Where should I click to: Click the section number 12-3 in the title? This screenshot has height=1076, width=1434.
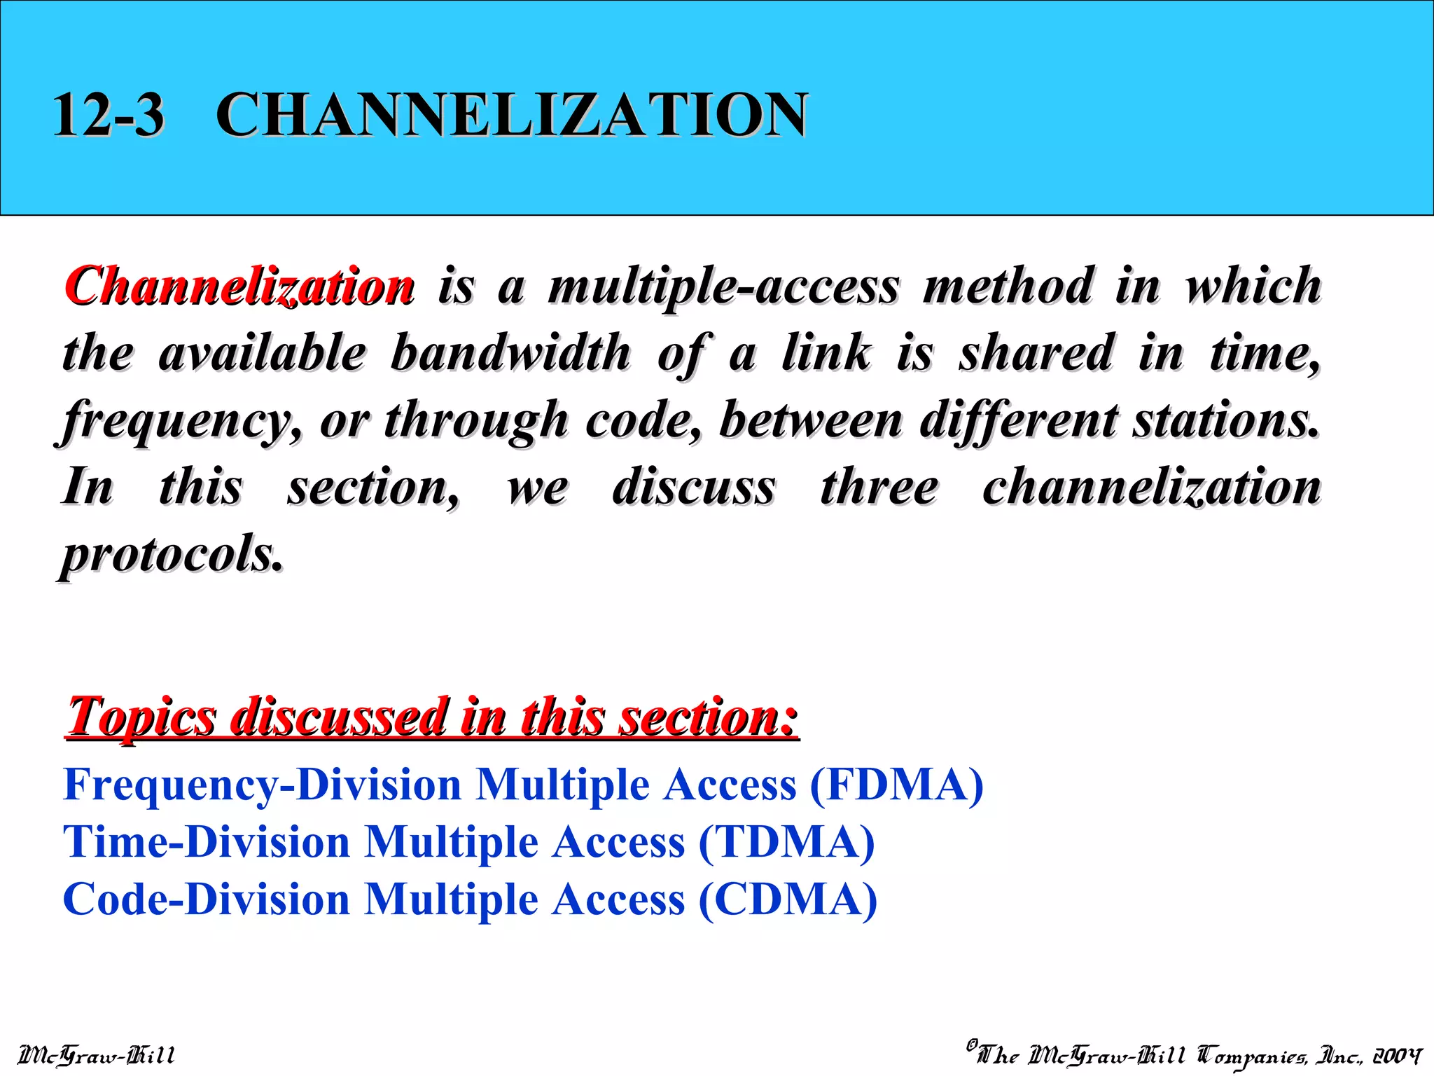point(108,114)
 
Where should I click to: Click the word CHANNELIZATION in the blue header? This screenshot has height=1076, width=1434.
point(512,114)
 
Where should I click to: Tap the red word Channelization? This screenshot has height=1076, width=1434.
point(239,286)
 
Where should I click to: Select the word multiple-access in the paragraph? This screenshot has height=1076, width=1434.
point(723,286)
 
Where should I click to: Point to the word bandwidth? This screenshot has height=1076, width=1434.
point(510,352)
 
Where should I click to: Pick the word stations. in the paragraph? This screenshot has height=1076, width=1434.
point(1226,420)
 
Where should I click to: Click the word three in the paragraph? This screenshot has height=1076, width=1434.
point(879,487)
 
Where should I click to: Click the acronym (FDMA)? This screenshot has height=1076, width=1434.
point(896,785)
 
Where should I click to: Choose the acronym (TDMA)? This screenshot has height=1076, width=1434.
point(786,842)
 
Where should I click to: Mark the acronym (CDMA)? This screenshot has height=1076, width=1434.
point(788,899)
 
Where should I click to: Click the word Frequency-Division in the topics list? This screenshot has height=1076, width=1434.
point(262,785)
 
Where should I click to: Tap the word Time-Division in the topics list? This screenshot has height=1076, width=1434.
point(207,842)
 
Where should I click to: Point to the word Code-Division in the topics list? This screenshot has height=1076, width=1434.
point(207,899)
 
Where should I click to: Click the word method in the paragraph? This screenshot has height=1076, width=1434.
point(1008,286)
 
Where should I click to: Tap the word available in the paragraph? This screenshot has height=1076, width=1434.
point(262,352)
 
